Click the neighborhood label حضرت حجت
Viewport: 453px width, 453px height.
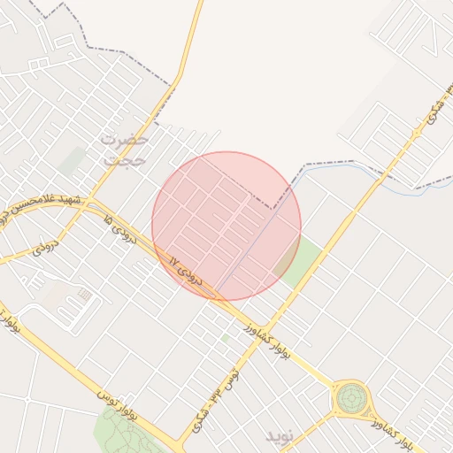(124, 150)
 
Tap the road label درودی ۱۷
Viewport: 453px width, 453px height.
(187, 273)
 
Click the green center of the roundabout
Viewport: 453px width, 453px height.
(351, 399)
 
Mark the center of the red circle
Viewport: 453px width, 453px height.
(226, 226)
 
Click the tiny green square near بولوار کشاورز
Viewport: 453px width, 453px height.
(225, 338)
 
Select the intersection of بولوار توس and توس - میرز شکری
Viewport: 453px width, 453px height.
(183, 441)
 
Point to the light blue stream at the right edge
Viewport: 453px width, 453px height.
(425, 188)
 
